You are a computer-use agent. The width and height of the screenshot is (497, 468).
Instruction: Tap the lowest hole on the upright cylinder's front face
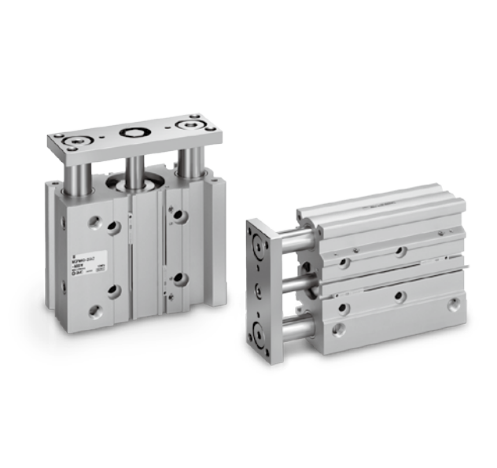coord(97,313)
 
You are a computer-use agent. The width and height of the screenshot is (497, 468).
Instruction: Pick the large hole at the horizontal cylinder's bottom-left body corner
coord(337,330)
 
